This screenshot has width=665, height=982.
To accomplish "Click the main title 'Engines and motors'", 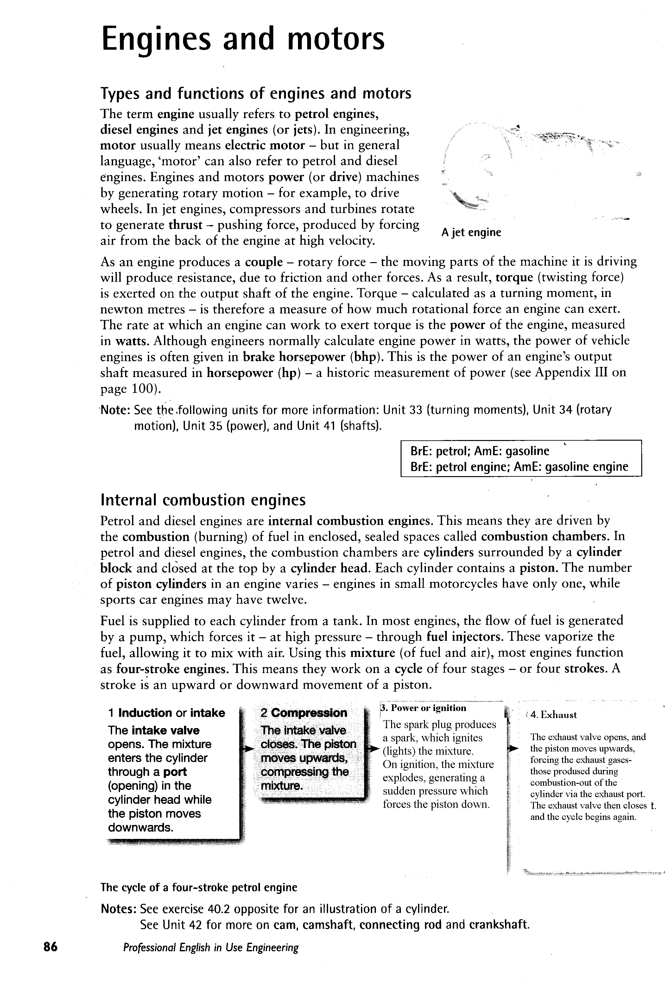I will tap(243, 39).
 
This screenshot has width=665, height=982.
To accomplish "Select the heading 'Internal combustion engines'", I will tap(203, 500).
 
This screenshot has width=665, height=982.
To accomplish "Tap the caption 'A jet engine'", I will tap(471, 232).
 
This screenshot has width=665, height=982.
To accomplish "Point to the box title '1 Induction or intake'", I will tap(167, 713).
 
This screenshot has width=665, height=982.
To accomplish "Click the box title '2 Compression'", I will tap(304, 713).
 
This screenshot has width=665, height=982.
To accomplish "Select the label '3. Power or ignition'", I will tap(424, 708).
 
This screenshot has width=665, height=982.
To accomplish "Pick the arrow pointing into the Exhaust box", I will tap(512, 748).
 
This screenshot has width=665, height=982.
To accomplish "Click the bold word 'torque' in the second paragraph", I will tap(514, 278).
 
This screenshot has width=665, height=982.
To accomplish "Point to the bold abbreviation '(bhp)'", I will tap(366, 357).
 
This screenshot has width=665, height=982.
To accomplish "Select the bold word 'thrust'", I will tap(185, 225).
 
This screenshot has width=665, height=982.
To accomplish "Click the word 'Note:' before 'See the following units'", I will tap(115, 410).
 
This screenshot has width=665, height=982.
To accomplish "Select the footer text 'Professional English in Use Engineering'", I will tap(211, 948).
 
